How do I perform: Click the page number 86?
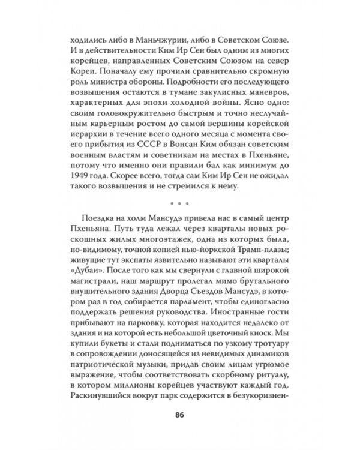[179, 413]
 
